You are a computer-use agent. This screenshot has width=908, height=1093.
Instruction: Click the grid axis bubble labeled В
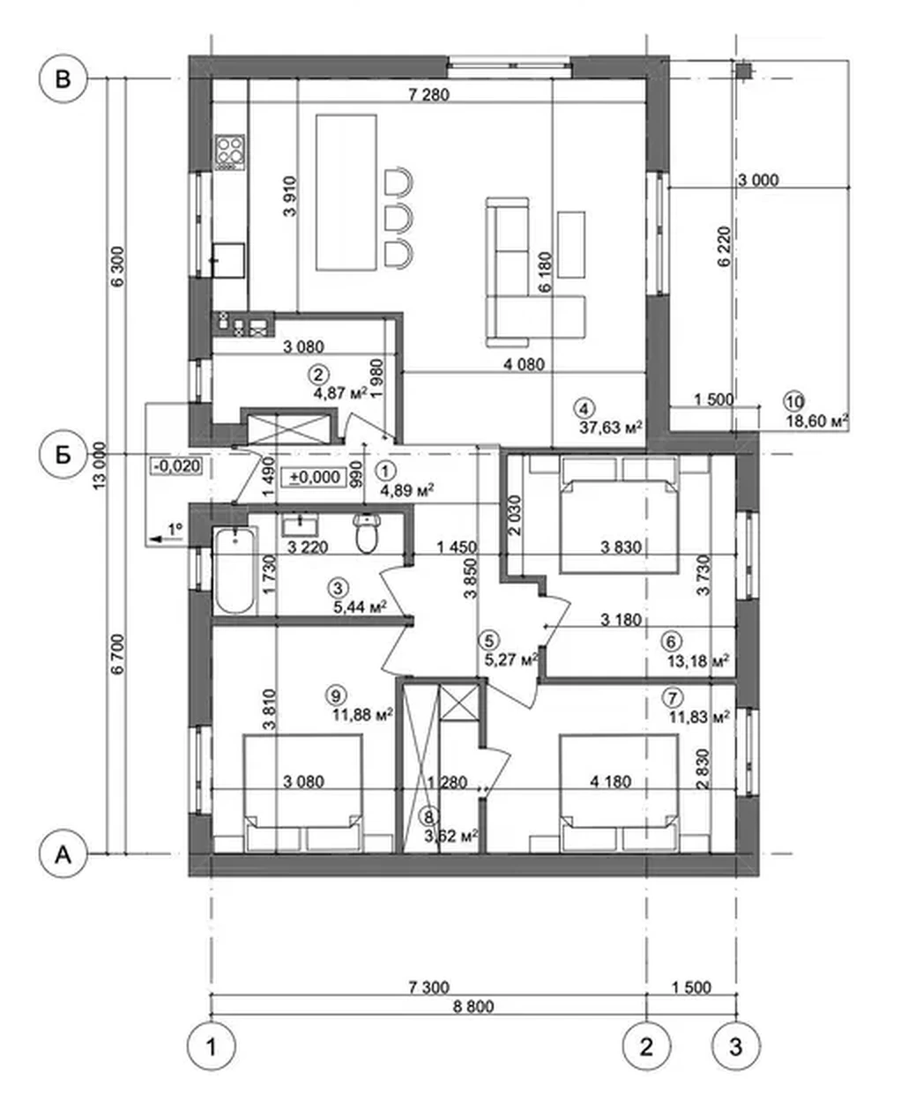click(x=63, y=79)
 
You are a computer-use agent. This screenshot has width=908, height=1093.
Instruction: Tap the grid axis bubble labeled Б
click(x=63, y=455)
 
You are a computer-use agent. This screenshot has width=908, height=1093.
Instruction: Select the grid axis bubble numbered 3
click(x=736, y=1046)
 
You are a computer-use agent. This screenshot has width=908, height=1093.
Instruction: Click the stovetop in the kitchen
click(x=230, y=152)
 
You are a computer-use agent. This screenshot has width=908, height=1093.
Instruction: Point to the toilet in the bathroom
click(x=367, y=532)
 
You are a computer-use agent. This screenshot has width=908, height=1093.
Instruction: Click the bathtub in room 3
click(x=234, y=570)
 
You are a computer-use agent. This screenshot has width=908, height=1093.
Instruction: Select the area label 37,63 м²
click(x=611, y=428)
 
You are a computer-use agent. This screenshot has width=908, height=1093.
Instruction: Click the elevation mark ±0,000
click(x=314, y=477)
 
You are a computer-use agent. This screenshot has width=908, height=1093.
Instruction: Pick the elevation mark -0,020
click(x=176, y=465)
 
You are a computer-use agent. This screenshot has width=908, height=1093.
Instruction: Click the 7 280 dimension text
click(x=428, y=94)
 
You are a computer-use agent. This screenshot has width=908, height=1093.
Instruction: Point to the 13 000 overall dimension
click(x=100, y=465)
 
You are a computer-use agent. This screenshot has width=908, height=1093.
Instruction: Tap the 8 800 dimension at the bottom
click(x=473, y=1006)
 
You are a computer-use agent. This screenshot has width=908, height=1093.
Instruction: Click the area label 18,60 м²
click(x=817, y=420)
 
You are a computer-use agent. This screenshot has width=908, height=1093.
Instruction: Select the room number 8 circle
click(x=429, y=816)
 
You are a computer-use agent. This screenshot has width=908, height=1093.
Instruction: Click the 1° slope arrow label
click(x=175, y=529)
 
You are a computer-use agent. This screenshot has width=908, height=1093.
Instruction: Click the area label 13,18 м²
click(x=698, y=660)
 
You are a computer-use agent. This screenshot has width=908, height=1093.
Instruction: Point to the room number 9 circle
click(x=336, y=695)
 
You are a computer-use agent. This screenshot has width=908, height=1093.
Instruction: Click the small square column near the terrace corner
click(x=743, y=71)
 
